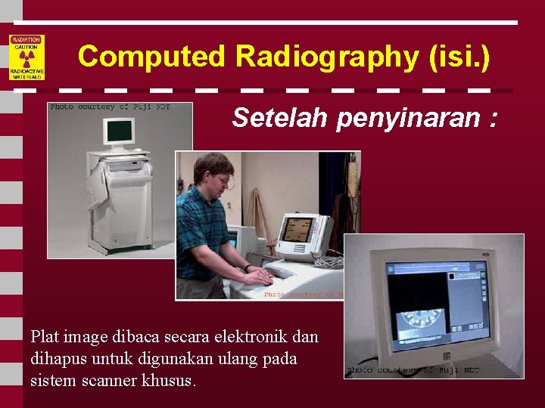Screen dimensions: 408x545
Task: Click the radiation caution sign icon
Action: (x=26, y=57)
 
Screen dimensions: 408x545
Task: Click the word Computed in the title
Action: (x=151, y=57)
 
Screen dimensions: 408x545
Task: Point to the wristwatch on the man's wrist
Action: (x=248, y=267)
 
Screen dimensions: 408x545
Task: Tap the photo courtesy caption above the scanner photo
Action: (x=110, y=107)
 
